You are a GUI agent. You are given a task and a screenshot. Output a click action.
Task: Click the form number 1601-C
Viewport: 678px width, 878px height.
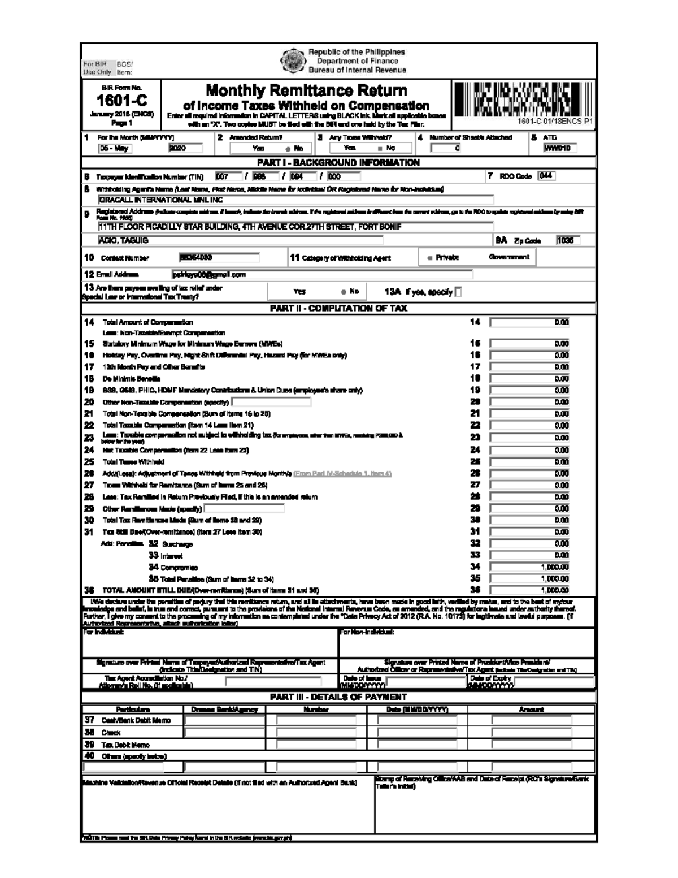121,101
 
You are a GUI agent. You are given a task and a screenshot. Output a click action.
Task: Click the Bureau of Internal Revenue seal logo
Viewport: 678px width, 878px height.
293,60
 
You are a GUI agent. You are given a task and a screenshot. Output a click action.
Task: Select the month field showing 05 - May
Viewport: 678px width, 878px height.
115,148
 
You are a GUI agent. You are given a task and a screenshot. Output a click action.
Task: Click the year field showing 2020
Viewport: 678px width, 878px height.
185,148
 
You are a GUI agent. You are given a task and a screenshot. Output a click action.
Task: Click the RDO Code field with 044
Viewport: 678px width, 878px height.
546,176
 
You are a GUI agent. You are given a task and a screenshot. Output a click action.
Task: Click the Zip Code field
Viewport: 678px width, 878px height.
566,240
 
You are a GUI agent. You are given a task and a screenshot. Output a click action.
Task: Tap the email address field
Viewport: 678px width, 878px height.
322,275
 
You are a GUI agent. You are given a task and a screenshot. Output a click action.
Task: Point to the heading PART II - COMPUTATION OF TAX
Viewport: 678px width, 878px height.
338,309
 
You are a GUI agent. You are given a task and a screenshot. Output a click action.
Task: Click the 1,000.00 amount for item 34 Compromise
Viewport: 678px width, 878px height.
529,566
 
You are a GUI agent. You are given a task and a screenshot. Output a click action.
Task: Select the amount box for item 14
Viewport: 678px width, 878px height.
529,322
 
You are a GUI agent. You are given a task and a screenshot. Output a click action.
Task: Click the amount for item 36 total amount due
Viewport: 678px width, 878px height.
529,590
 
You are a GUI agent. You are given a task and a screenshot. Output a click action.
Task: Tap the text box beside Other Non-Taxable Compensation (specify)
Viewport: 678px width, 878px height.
271,402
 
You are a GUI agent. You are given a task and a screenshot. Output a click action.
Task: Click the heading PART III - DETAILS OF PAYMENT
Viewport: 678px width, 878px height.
338,697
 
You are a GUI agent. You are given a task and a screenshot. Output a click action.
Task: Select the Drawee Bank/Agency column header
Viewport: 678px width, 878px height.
224,709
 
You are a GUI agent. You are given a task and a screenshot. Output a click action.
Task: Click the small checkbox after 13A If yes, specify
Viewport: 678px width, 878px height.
458,292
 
